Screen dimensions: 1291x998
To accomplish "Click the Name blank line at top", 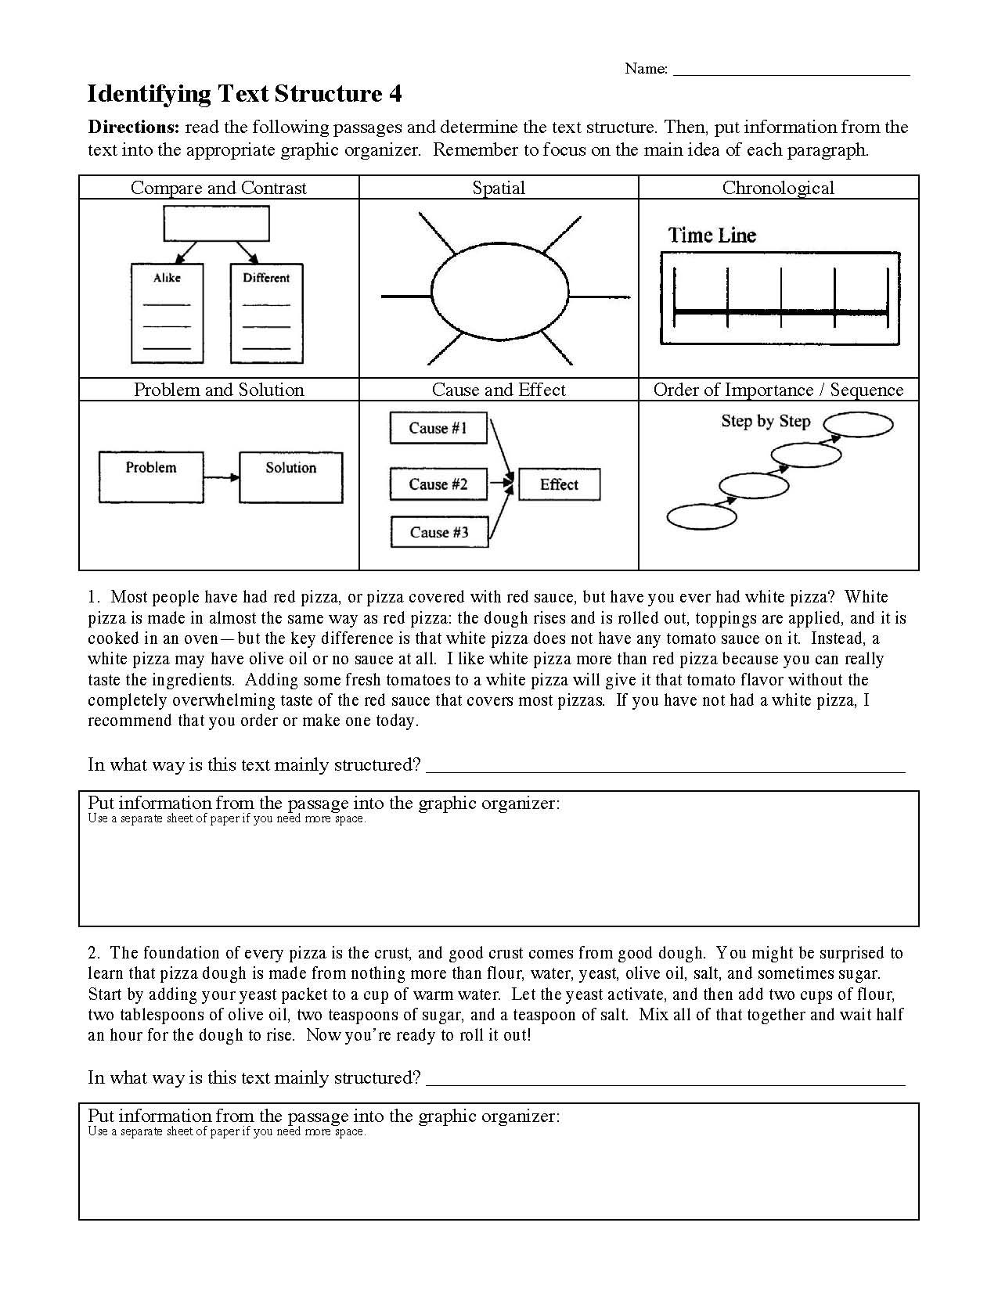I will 791,73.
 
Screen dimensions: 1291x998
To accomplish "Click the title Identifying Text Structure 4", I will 244,95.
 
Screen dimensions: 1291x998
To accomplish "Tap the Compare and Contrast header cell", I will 218,188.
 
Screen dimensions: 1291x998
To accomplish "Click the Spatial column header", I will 499,188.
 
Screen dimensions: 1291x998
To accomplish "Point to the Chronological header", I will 778,188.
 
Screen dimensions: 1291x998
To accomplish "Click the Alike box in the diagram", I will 167,313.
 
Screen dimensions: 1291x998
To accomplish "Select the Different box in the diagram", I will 266,313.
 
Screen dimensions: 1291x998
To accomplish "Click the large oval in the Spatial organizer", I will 500,296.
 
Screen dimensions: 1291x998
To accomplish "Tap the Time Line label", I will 712,236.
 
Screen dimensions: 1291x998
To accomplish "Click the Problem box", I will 151,476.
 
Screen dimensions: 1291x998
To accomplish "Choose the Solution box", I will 290,476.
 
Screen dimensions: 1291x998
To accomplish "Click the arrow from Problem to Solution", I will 222,477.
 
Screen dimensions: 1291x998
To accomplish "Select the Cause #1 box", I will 438,428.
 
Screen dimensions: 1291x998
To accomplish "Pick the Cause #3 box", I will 439,532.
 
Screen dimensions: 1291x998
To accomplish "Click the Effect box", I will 559,484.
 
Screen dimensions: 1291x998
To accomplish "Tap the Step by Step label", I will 765,422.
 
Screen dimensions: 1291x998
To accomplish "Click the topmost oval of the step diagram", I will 859,425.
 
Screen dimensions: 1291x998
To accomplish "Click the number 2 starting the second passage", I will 93,954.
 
